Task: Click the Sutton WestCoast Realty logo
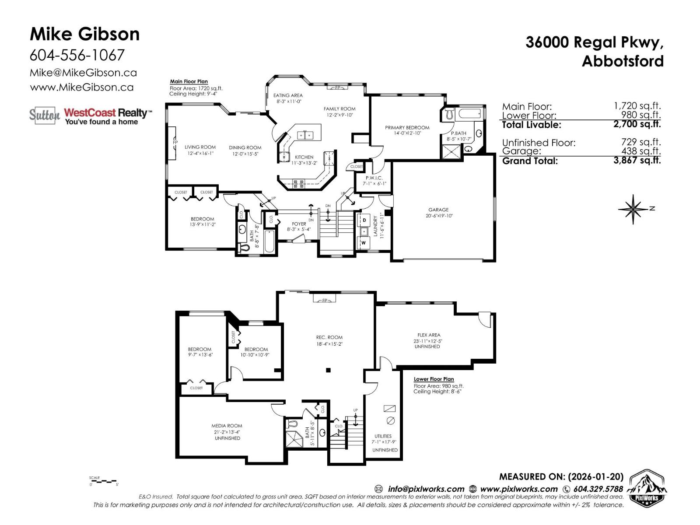click(x=91, y=115)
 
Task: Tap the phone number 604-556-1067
click(x=77, y=55)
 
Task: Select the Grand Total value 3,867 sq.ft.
click(x=637, y=160)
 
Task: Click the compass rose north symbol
click(x=634, y=209)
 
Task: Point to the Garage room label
click(x=438, y=210)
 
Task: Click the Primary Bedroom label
click(x=407, y=128)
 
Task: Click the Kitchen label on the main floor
click(x=304, y=157)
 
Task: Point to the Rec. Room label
click(x=329, y=337)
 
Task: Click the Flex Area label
click(x=428, y=335)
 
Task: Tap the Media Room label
click(x=227, y=426)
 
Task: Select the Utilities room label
click(x=383, y=436)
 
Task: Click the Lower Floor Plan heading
click(x=434, y=379)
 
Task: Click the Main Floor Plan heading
click(x=189, y=81)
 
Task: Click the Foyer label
click(x=299, y=224)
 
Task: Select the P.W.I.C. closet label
click(x=374, y=178)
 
